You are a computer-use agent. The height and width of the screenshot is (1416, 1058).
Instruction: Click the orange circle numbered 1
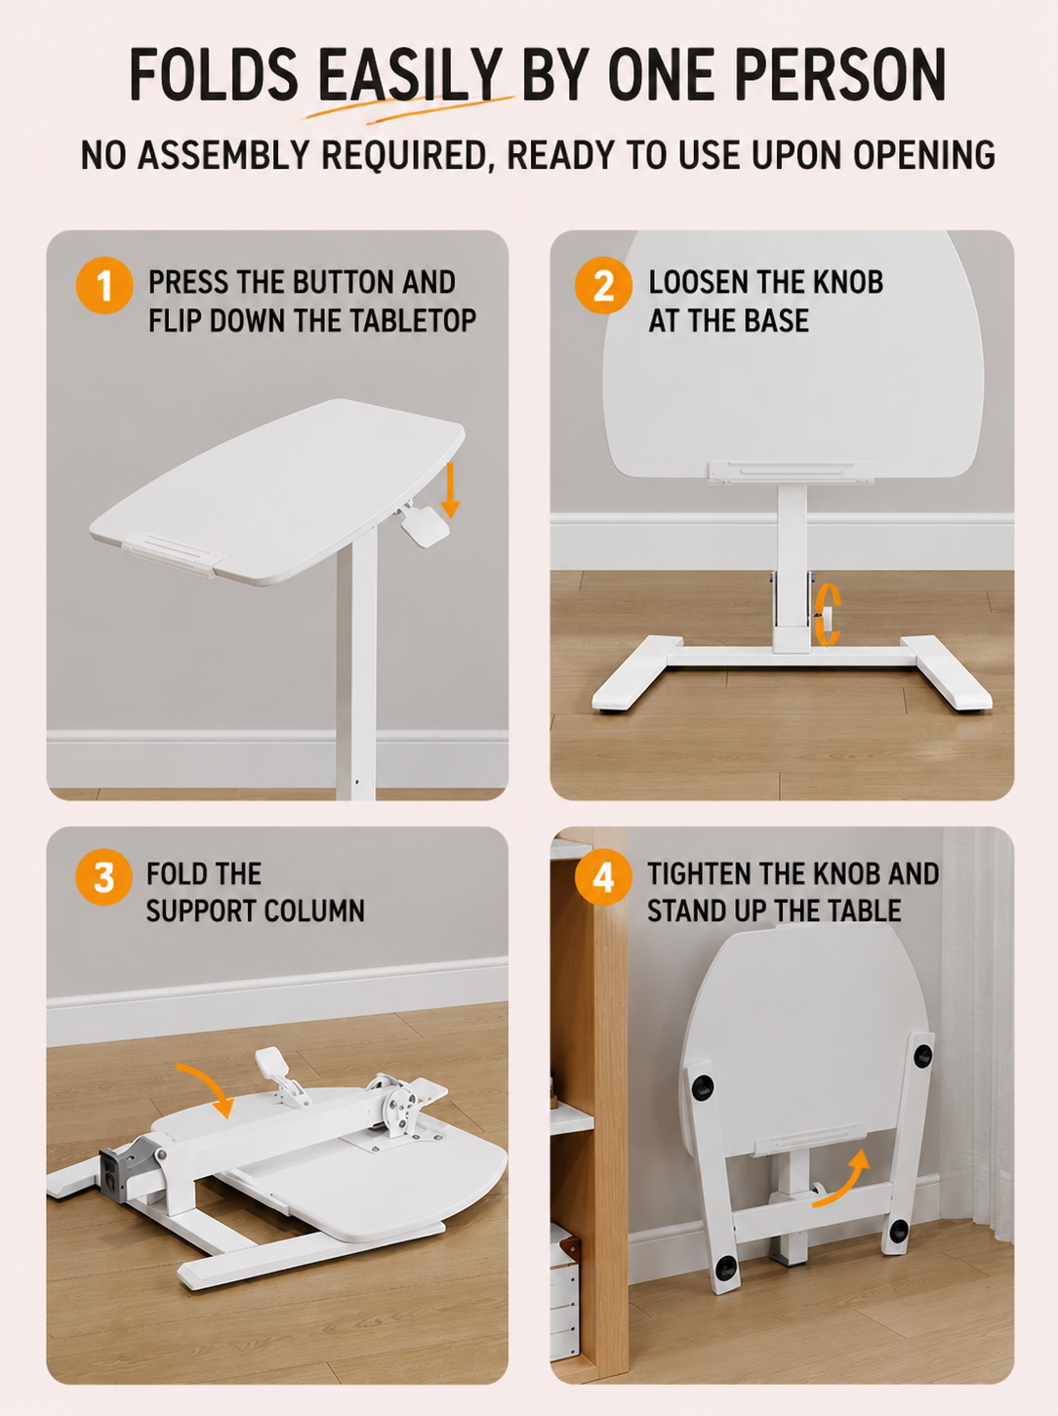[104, 285]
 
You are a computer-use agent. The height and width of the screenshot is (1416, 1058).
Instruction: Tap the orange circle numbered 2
[603, 285]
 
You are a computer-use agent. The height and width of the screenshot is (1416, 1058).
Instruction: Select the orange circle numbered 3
[103, 876]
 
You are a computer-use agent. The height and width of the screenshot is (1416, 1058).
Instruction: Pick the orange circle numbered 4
[603, 876]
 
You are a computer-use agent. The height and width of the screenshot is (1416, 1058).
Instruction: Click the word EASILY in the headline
[410, 74]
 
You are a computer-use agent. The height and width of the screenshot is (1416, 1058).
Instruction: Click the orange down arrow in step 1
[450, 490]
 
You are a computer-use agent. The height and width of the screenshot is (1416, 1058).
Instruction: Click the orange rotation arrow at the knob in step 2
[829, 615]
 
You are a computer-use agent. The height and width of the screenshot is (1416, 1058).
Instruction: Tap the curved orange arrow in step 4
[843, 1180]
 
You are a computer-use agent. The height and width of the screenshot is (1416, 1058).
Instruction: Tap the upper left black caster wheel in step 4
[703, 1087]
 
